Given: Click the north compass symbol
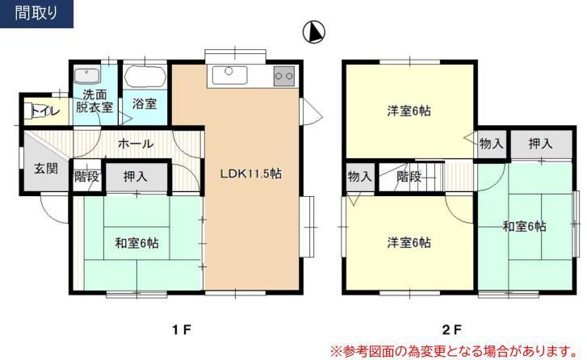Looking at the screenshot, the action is tap(313, 31).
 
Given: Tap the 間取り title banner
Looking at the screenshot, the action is tap(36, 14).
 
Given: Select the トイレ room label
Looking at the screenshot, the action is tap(45, 111).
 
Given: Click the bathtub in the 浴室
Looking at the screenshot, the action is tap(145, 77).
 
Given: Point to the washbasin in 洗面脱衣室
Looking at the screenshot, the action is tap(87, 76).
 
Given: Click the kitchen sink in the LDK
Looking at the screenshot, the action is tap(229, 75).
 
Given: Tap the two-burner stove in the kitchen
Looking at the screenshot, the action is tap(284, 77).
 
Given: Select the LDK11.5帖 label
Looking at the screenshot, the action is tap(250, 174).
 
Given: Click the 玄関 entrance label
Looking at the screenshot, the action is tap(46, 169).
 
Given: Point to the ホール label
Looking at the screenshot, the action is tap(136, 144).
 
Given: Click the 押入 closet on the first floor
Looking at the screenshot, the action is tap(136, 177).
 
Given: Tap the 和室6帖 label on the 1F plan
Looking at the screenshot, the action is tap(136, 243).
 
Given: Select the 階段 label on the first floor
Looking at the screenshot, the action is tap(87, 176).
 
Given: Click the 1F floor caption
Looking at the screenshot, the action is tap(182, 329).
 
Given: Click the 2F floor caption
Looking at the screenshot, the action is tap(451, 329).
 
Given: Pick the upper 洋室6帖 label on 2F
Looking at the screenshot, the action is tap(409, 111).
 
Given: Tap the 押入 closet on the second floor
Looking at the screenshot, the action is tap(540, 144).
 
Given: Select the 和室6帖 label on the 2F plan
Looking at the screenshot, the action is tap(524, 226).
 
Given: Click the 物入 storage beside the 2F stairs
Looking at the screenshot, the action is tap(360, 177).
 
